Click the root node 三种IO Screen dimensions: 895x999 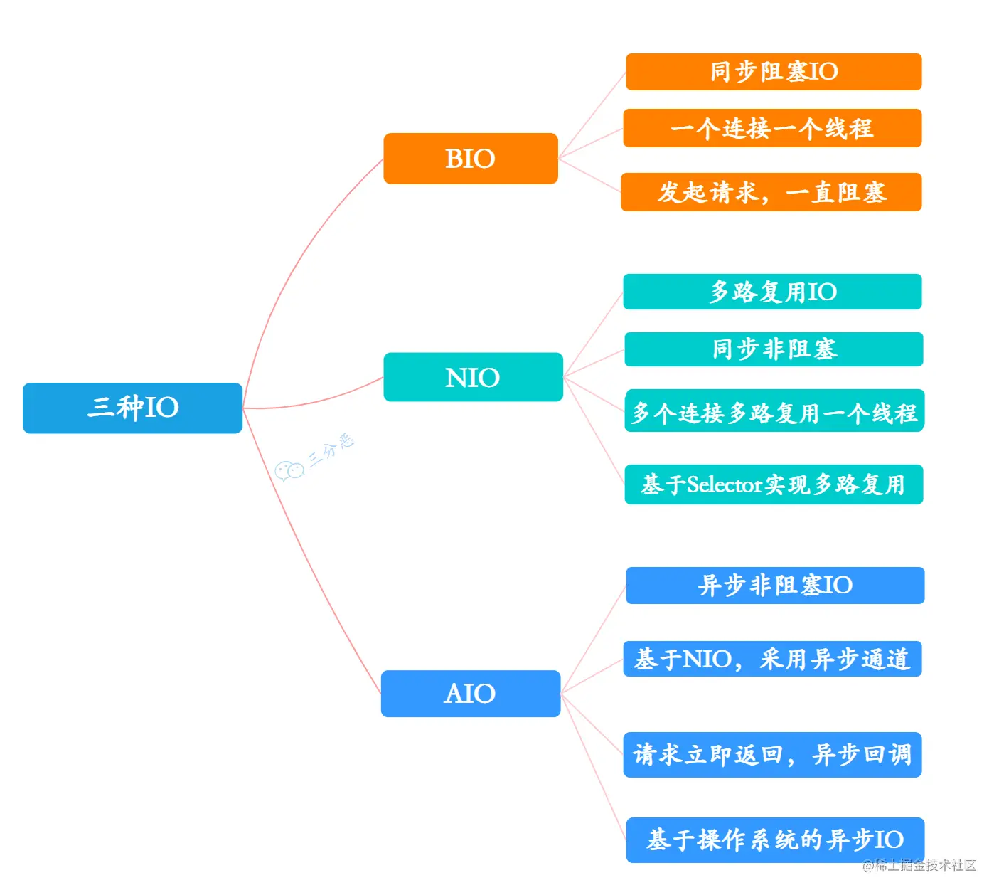click(132, 408)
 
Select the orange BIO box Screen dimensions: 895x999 click(470, 159)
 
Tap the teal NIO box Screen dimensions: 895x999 click(473, 377)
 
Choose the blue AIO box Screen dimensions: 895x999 click(470, 694)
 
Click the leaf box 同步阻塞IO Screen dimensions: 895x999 click(774, 72)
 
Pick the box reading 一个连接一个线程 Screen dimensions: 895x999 click(772, 128)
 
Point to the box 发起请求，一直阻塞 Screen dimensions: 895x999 click(771, 192)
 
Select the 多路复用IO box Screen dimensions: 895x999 click(772, 292)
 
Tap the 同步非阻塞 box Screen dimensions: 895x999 click(774, 349)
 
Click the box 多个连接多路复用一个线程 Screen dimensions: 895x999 click(774, 411)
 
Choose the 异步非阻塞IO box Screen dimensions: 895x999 click(775, 586)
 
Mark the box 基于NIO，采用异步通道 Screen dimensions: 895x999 click(772, 659)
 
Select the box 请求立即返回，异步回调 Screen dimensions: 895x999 click(772, 755)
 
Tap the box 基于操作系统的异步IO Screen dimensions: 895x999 click(775, 840)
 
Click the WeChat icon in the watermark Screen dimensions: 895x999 click(289, 471)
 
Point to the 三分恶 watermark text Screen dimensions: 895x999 click(331, 450)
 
